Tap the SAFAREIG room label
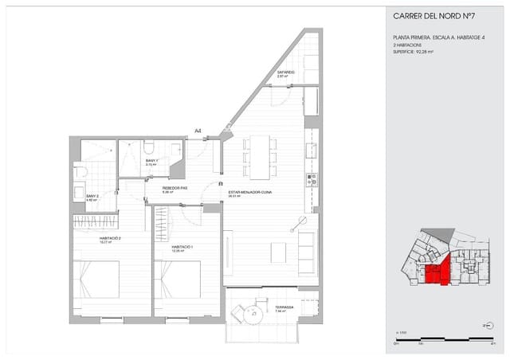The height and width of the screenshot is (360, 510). tap(286, 72)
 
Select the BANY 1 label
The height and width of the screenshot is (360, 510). tap(151, 161)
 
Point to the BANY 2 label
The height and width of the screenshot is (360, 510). tap(92, 196)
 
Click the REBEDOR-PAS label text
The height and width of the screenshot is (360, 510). tap(175, 189)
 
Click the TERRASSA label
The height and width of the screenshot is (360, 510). tap(284, 307)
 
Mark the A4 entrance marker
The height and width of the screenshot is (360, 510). tap(197, 131)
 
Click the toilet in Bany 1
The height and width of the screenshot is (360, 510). tap(149, 147)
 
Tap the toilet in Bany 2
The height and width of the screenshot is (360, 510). tap(79, 173)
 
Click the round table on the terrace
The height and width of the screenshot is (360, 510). tap(254, 313)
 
